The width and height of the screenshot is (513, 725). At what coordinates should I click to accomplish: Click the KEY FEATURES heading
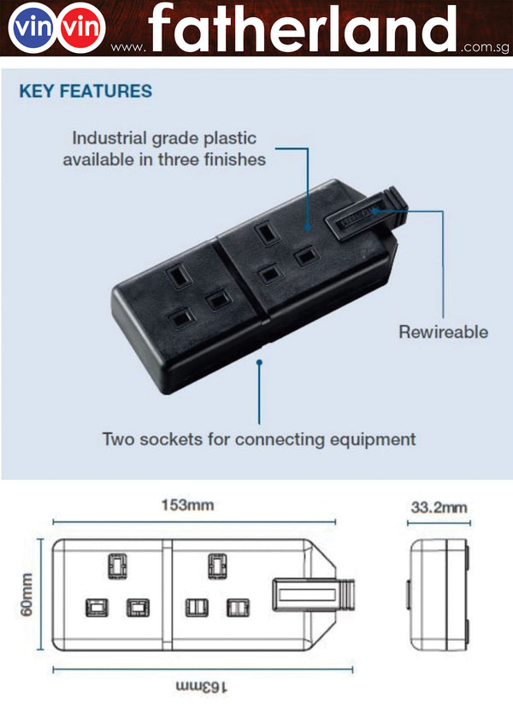tap(85, 91)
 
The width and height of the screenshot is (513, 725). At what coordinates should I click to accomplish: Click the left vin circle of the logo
tap(29, 30)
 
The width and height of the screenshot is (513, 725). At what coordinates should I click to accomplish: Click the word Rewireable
tap(443, 332)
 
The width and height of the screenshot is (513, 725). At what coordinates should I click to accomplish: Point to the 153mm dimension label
tap(187, 504)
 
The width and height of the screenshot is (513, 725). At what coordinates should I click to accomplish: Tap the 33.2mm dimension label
tap(439, 507)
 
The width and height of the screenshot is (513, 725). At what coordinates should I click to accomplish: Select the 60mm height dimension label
tap(27, 595)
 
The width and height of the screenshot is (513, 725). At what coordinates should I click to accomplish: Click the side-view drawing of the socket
tap(438, 595)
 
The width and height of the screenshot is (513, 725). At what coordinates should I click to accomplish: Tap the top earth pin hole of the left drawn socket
tap(115, 564)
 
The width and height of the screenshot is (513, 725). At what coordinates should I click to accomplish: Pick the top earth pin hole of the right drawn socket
tap(216, 564)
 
